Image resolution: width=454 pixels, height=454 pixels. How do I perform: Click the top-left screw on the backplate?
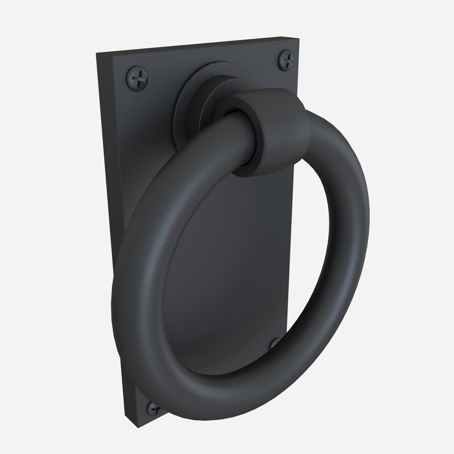[137, 77]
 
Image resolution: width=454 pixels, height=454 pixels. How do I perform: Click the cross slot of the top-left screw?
[137, 77]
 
